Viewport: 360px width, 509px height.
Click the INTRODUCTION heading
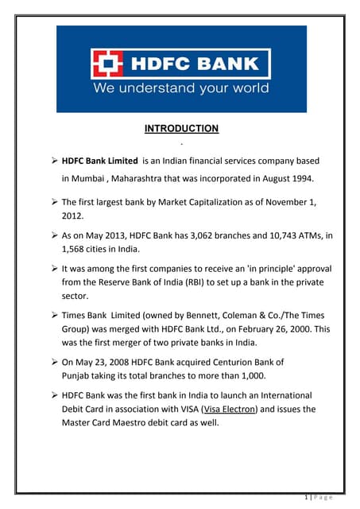click(x=181, y=128)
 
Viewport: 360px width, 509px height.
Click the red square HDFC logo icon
click(x=107, y=64)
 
